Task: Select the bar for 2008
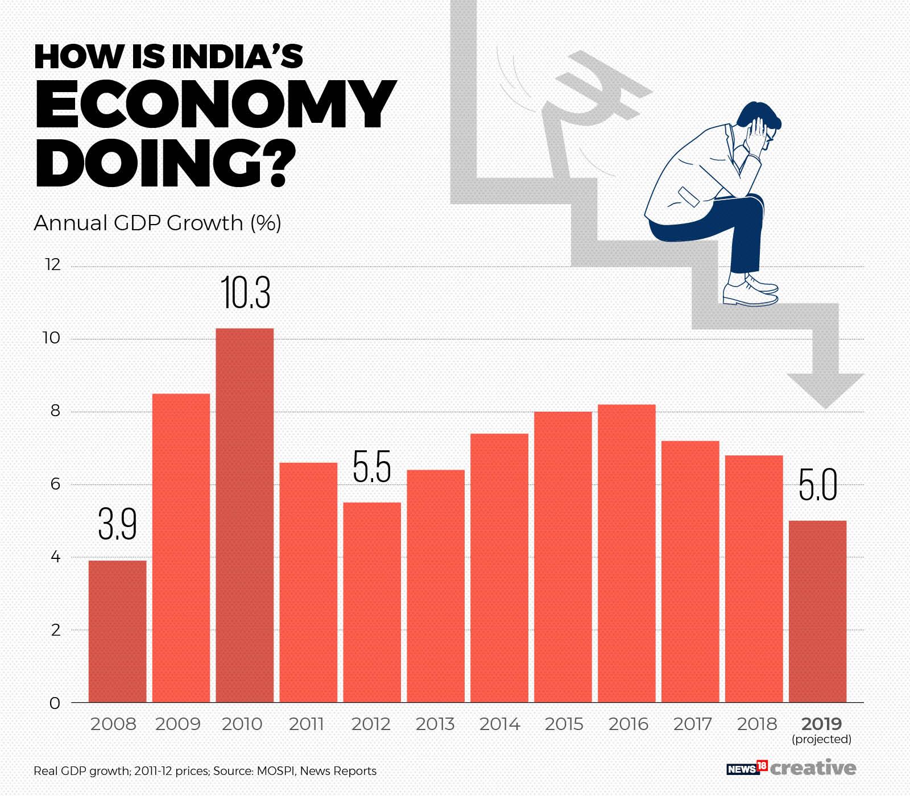click(x=117, y=631)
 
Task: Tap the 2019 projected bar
click(x=817, y=611)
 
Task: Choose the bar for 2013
click(x=436, y=586)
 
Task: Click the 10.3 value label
click(x=245, y=293)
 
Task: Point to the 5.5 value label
click(x=372, y=467)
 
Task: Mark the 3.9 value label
click(x=117, y=524)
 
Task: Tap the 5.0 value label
click(x=818, y=485)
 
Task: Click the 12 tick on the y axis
click(x=53, y=265)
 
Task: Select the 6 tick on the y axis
click(x=55, y=484)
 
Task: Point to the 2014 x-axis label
click(x=499, y=724)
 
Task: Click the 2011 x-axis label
click(x=306, y=724)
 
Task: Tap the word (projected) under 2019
click(x=821, y=739)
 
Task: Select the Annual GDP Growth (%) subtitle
click(x=158, y=223)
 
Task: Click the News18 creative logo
click(x=791, y=768)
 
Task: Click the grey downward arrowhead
click(x=825, y=389)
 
